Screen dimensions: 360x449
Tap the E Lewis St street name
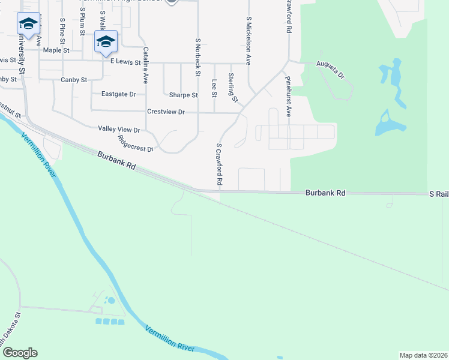pyautogui.click(x=124, y=62)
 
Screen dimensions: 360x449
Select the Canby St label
pyautogui.click(x=74, y=79)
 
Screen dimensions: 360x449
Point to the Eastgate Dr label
pyautogui.click(x=119, y=94)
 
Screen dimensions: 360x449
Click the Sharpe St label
pyautogui.click(x=183, y=95)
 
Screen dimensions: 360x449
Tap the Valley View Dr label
pyautogui.click(x=119, y=129)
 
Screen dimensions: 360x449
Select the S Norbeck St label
pyautogui.click(x=197, y=58)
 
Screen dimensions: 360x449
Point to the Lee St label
pyautogui.click(x=214, y=88)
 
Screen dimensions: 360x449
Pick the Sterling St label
pyautogui.click(x=232, y=88)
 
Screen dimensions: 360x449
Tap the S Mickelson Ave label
pyautogui.click(x=248, y=40)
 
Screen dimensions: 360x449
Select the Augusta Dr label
pyautogui.click(x=331, y=69)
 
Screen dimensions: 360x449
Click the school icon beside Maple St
pyautogui.click(x=106, y=41)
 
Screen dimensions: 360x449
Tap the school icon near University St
pyautogui.click(x=28, y=23)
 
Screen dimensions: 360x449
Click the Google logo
pyautogui.click(x=20, y=353)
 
